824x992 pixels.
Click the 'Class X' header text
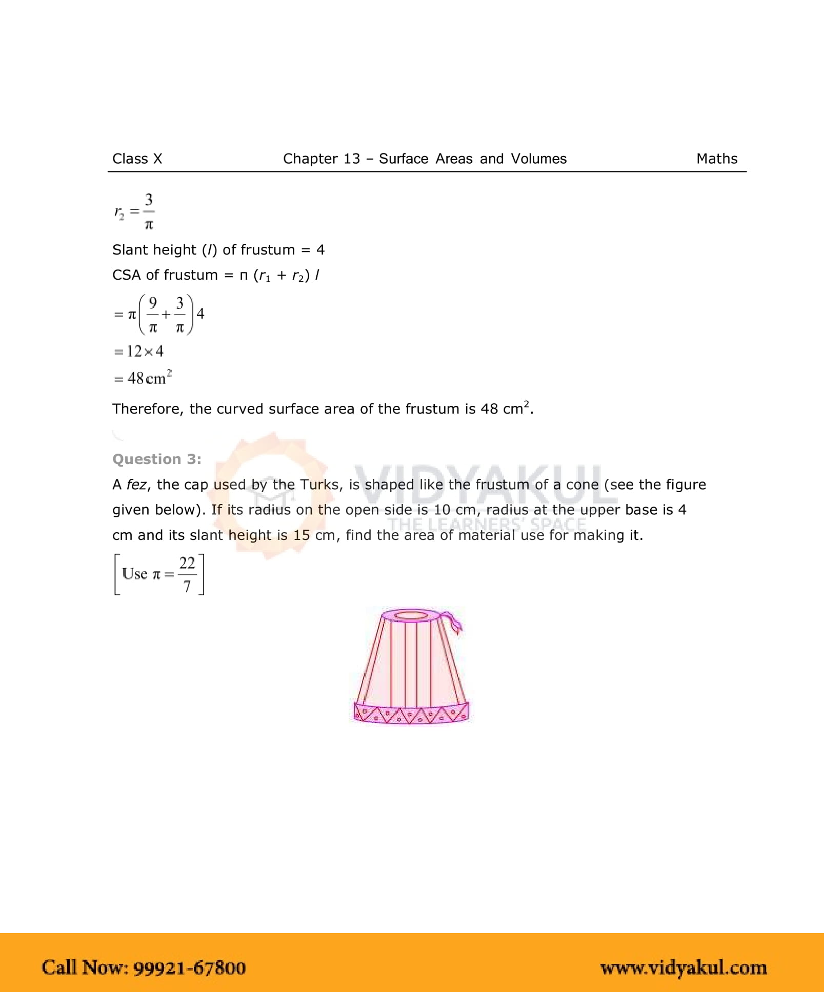pyautogui.click(x=137, y=159)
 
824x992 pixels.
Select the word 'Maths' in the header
pyautogui.click(x=716, y=159)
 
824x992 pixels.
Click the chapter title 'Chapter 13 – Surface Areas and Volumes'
pyautogui.click(x=425, y=159)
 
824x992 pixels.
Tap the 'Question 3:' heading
pyautogui.click(x=156, y=459)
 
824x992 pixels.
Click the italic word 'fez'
pyautogui.click(x=136, y=484)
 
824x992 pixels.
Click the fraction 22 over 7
pyautogui.click(x=187, y=574)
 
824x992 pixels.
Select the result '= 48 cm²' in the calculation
pyautogui.click(x=143, y=378)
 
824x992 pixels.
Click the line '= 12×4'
pyautogui.click(x=138, y=352)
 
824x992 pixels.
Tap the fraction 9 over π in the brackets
pyautogui.click(x=152, y=314)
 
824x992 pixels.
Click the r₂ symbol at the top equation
pyautogui.click(x=119, y=212)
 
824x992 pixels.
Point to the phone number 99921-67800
pyautogui.click(x=190, y=967)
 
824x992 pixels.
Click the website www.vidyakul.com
pyautogui.click(x=684, y=967)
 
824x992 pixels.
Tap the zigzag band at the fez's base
pyautogui.click(x=411, y=713)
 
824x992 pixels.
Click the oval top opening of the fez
pyautogui.click(x=411, y=615)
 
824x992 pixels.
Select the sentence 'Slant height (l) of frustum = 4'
pyautogui.click(x=218, y=250)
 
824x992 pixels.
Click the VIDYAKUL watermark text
pyautogui.click(x=479, y=485)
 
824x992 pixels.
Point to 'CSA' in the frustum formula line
pyautogui.click(x=126, y=275)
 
